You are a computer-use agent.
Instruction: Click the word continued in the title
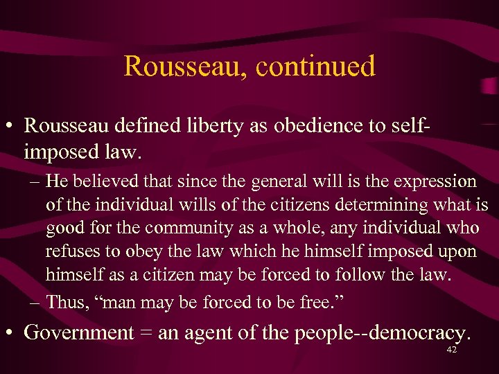(x=316, y=66)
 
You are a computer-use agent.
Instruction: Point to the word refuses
(x=73, y=251)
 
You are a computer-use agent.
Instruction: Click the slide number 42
(x=451, y=350)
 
